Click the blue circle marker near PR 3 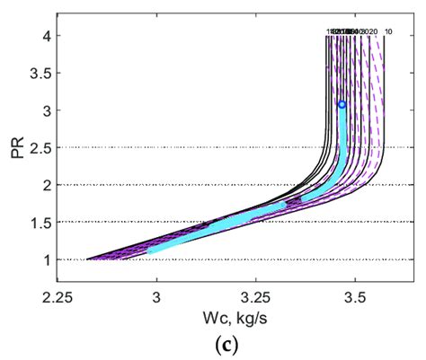coord(342,105)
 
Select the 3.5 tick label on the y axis coord(37,74)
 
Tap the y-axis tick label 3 coord(42,110)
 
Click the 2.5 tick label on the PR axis coord(37,148)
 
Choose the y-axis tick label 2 coord(42,185)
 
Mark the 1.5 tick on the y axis coord(37,223)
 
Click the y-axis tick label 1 coord(42,259)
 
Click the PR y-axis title coord(15,147)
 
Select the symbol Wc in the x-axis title coord(194,317)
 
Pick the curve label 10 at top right coord(387,32)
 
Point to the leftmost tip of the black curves coord(87,259)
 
